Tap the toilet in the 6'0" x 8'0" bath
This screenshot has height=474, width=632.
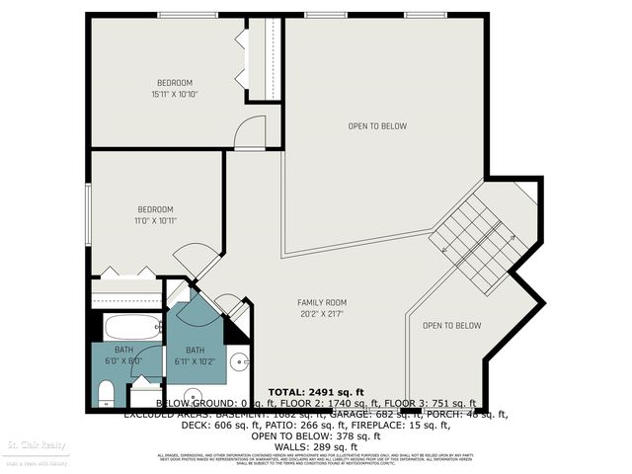(x=107, y=395)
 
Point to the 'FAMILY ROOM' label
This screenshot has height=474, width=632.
(x=323, y=302)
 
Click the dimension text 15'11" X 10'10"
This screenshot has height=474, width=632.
(x=175, y=94)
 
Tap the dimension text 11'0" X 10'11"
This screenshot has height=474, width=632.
(x=155, y=221)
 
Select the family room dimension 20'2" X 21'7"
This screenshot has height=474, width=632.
(x=323, y=315)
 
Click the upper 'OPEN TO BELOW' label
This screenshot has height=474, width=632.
(x=377, y=125)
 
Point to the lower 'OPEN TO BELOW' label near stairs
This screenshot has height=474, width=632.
(x=451, y=326)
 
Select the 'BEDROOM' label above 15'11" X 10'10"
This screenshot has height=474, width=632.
(x=175, y=82)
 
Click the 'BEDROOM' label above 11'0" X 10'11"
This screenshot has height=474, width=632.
(x=155, y=209)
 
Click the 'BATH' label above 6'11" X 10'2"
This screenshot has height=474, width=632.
(x=195, y=350)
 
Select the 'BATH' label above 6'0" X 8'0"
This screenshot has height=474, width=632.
(x=123, y=350)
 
